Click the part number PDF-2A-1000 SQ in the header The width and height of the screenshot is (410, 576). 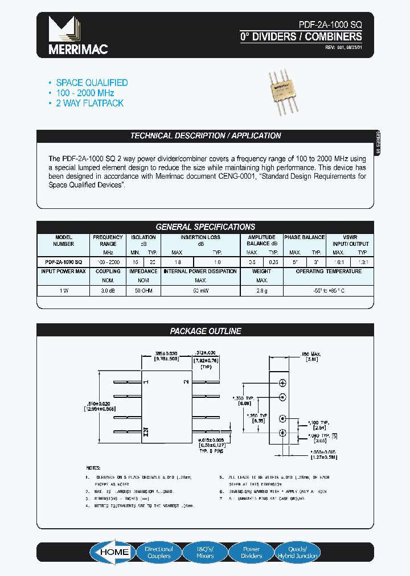pos(330,26)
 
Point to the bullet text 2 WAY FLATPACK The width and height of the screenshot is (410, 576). pos(89,103)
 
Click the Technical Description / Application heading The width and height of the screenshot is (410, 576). pos(206,136)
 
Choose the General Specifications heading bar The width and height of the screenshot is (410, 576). pos(206,227)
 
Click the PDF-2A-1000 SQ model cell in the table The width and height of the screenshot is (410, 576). pos(63,262)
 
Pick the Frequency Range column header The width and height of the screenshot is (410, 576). pos(108,240)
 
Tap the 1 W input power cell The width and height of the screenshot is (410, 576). pos(63,290)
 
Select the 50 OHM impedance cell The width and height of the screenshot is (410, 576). pos(143,290)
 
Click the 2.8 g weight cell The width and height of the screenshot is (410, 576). pos(262,290)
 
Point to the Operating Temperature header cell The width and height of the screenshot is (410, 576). pos(329,271)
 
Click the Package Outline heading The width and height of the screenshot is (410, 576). pos(206,331)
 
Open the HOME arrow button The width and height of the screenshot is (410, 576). pos(112,552)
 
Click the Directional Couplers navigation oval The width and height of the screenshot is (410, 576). pos(159,552)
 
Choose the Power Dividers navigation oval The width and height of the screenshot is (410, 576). pos(251,552)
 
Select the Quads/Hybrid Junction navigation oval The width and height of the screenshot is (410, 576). pos(298,552)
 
